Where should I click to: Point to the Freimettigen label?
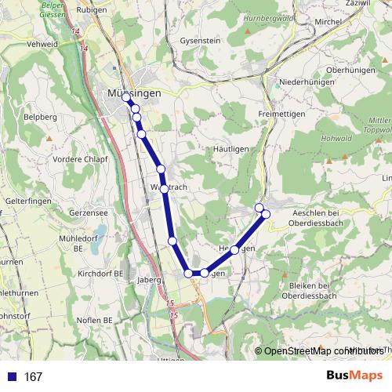pos(281,114)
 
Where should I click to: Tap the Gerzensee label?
pos(88,212)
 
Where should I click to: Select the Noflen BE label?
pos(95,320)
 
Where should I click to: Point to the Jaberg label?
pos(148,278)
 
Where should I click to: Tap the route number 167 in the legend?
pos(33,377)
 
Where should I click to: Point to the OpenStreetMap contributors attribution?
pos(321,350)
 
